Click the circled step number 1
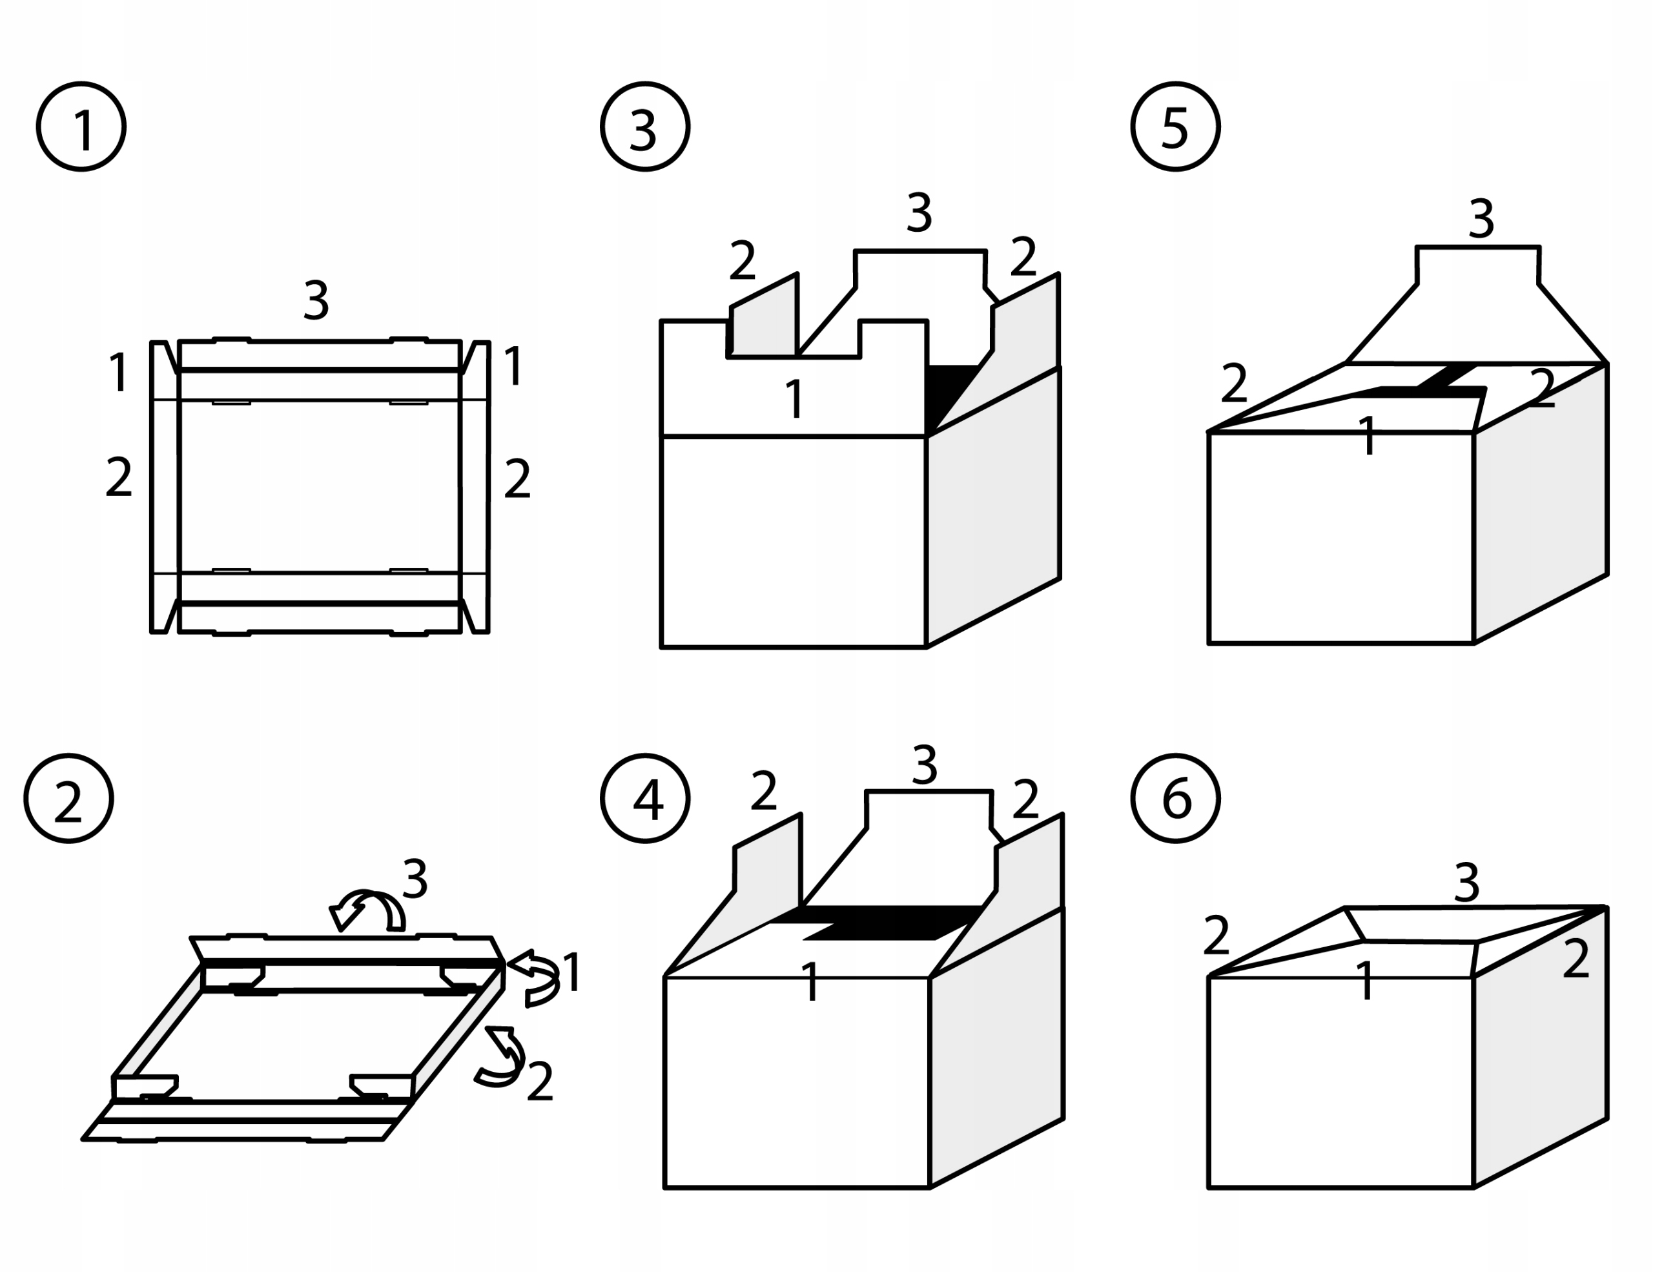pos(81,127)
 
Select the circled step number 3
pos(645,127)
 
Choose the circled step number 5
pos(1175,127)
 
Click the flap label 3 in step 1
pos(316,300)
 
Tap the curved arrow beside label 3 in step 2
pos(369,910)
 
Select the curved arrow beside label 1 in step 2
pos(536,978)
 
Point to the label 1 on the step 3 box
pos(794,399)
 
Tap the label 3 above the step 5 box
pos(1481,219)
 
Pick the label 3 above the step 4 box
pos(925,765)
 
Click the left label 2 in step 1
pos(119,477)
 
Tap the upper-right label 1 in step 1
pos(513,366)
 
